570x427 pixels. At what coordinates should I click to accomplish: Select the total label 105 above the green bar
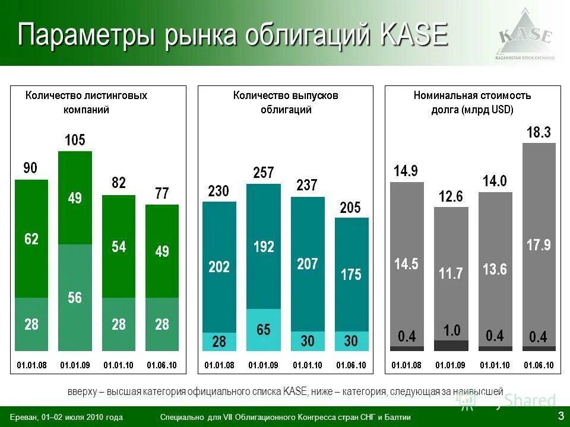tap(75, 141)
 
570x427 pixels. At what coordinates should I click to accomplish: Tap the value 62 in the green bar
tap(31, 239)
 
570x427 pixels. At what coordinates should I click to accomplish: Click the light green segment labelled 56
tap(75, 297)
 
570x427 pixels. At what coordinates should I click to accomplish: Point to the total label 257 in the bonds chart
tap(263, 173)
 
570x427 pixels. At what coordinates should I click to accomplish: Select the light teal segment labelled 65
tap(264, 330)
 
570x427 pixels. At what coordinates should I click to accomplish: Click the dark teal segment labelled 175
tap(351, 275)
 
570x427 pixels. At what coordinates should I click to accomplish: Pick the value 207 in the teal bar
tap(308, 264)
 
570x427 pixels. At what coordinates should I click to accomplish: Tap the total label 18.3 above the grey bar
tap(539, 133)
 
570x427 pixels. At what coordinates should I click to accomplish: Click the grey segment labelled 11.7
tap(451, 273)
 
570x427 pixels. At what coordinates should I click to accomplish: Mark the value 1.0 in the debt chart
tap(451, 330)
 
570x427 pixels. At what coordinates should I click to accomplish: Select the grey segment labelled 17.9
tap(539, 245)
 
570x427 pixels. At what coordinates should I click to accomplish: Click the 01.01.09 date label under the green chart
tap(75, 365)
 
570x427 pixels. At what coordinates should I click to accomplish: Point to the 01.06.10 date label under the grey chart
tap(539, 365)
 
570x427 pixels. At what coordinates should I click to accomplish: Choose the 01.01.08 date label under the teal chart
tap(220, 365)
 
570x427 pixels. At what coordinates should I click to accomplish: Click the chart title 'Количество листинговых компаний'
tap(86, 102)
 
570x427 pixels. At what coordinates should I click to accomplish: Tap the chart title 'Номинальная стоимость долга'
tap(472, 102)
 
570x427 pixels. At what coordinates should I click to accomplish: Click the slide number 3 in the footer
tap(560, 416)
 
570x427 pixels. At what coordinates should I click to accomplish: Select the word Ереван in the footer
tap(24, 418)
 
